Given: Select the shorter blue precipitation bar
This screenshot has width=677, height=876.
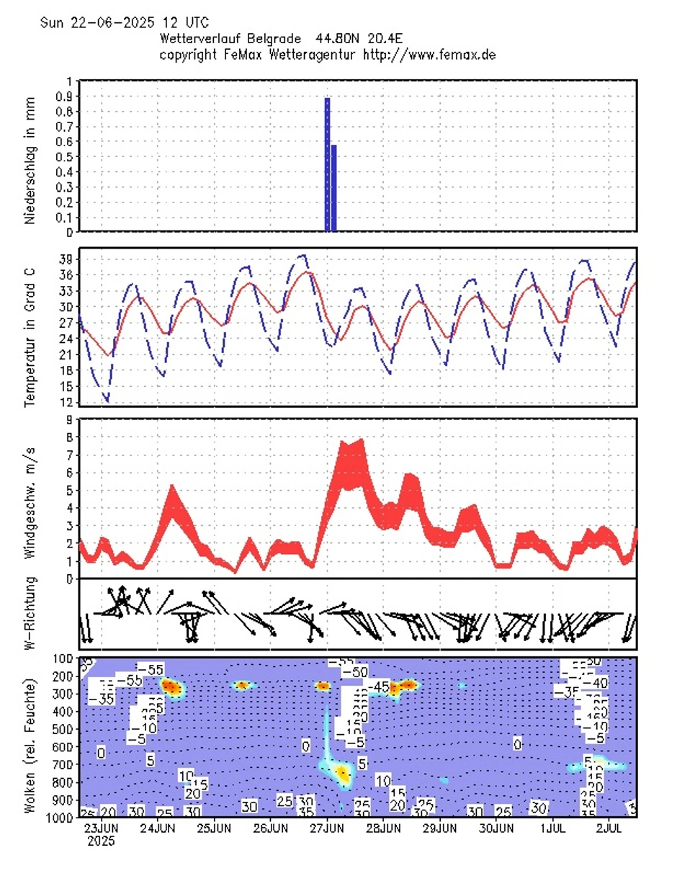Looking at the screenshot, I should click(333, 188).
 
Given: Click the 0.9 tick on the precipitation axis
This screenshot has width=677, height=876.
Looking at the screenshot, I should click(69, 97).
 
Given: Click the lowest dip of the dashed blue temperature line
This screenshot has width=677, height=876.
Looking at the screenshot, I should click(107, 401).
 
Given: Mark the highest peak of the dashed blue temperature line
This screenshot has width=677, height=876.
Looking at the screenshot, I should click(304, 255).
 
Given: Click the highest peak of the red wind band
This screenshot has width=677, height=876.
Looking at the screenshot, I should click(360, 441).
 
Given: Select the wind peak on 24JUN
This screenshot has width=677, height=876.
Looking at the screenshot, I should click(172, 487).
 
